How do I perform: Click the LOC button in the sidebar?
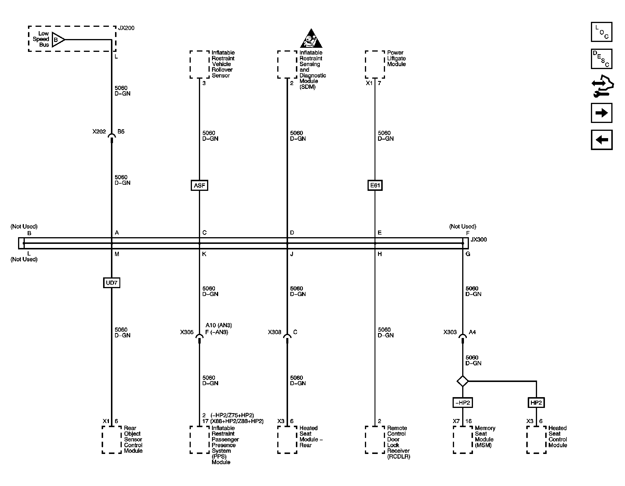pyautogui.click(x=601, y=32)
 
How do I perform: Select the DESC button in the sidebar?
pyautogui.click(x=601, y=59)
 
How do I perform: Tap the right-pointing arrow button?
pyautogui.click(x=601, y=113)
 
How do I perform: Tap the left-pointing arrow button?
pyautogui.click(x=601, y=140)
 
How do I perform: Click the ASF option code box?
pyautogui.click(x=199, y=185)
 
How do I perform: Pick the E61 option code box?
pyautogui.click(x=375, y=185)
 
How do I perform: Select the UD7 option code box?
pyautogui.click(x=112, y=283)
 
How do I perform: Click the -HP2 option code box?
pyautogui.click(x=462, y=403)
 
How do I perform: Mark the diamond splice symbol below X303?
pyautogui.click(x=462, y=381)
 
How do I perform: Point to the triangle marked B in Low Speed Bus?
pyautogui.click(x=58, y=40)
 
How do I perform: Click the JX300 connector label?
pyautogui.click(x=479, y=240)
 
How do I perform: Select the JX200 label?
pyautogui.click(x=126, y=28)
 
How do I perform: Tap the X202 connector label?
pyautogui.click(x=99, y=132)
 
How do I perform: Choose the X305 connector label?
pyautogui.click(x=187, y=332)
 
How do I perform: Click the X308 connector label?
pyautogui.click(x=275, y=332)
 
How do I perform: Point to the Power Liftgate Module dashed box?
pyautogui.click(x=375, y=64)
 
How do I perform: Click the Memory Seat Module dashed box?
pyautogui.click(x=462, y=440)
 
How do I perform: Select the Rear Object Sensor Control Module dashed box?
pyautogui.click(x=112, y=440)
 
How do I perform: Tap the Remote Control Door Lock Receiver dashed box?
pyautogui.click(x=375, y=440)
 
